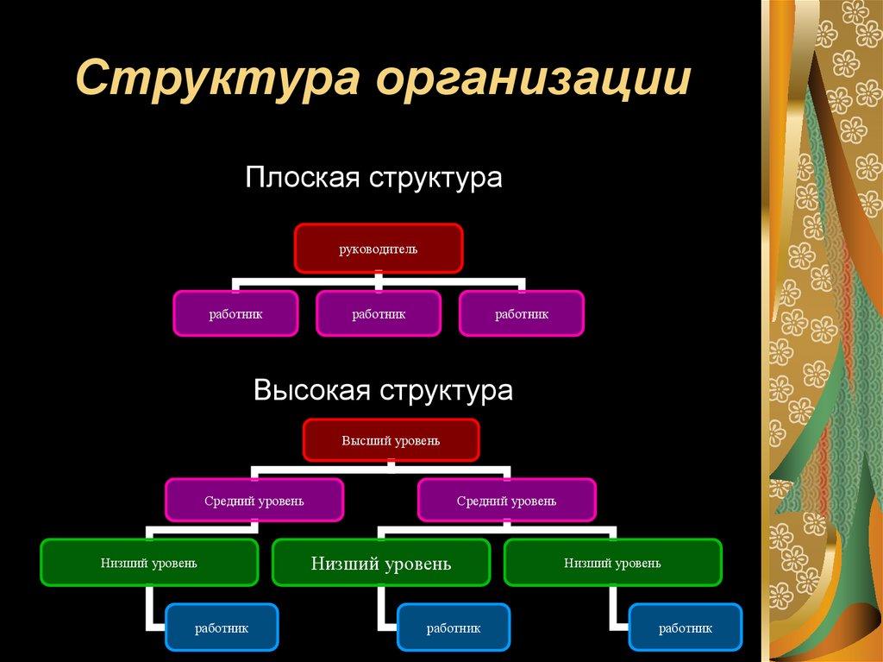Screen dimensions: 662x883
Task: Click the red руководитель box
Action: (378, 249)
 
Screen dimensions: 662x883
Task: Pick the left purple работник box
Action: (235, 313)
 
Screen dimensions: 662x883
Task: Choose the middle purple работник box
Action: (379, 313)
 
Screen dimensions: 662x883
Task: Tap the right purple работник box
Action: (522, 313)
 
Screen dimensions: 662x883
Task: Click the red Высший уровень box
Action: (391, 440)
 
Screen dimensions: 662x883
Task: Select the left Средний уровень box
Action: (254, 500)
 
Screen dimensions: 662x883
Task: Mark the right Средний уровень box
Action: (506, 500)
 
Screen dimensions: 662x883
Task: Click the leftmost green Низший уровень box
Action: (149, 563)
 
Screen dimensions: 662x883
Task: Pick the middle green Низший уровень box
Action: (381, 564)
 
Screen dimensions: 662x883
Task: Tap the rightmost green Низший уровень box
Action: (613, 563)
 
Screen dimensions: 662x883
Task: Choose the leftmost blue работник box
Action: (222, 627)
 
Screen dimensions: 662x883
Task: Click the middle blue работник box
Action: (454, 627)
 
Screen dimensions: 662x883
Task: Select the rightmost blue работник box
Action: (686, 627)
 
